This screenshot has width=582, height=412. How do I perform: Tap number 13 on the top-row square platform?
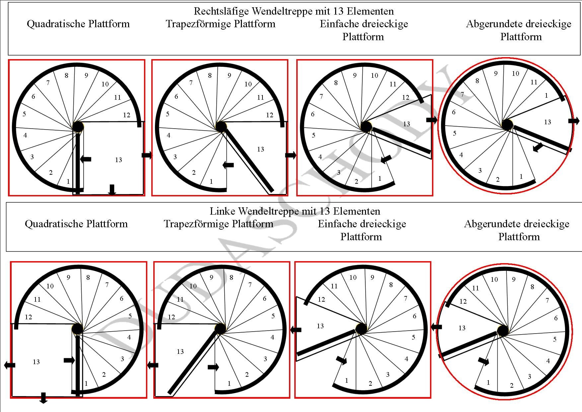(118, 160)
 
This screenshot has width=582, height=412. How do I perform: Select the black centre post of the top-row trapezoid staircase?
(221, 127)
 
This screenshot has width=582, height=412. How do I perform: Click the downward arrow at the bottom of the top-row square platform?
(112, 189)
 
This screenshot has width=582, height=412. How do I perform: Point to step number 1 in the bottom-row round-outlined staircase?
(488, 383)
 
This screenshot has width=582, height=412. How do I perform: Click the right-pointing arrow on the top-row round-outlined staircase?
(574, 121)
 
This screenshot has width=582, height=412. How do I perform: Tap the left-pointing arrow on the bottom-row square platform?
(10, 365)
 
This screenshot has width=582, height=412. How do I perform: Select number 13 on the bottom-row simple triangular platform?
(320, 326)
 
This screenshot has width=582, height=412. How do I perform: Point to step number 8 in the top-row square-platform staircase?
(66, 76)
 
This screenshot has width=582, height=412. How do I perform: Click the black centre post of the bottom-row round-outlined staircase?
(503, 331)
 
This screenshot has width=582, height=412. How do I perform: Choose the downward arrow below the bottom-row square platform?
(43, 398)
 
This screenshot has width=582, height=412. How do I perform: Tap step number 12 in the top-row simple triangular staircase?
(405, 97)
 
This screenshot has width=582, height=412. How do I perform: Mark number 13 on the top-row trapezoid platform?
(260, 150)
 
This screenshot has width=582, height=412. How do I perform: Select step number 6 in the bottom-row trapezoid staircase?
(264, 299)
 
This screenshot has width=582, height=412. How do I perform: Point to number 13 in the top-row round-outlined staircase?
(547, 122)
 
